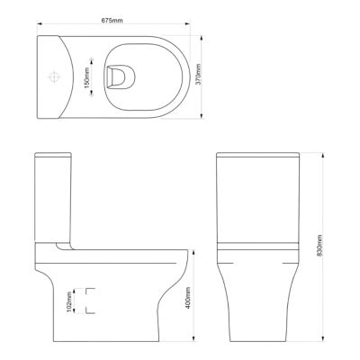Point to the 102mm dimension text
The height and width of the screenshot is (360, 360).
(x=71, y=299)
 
